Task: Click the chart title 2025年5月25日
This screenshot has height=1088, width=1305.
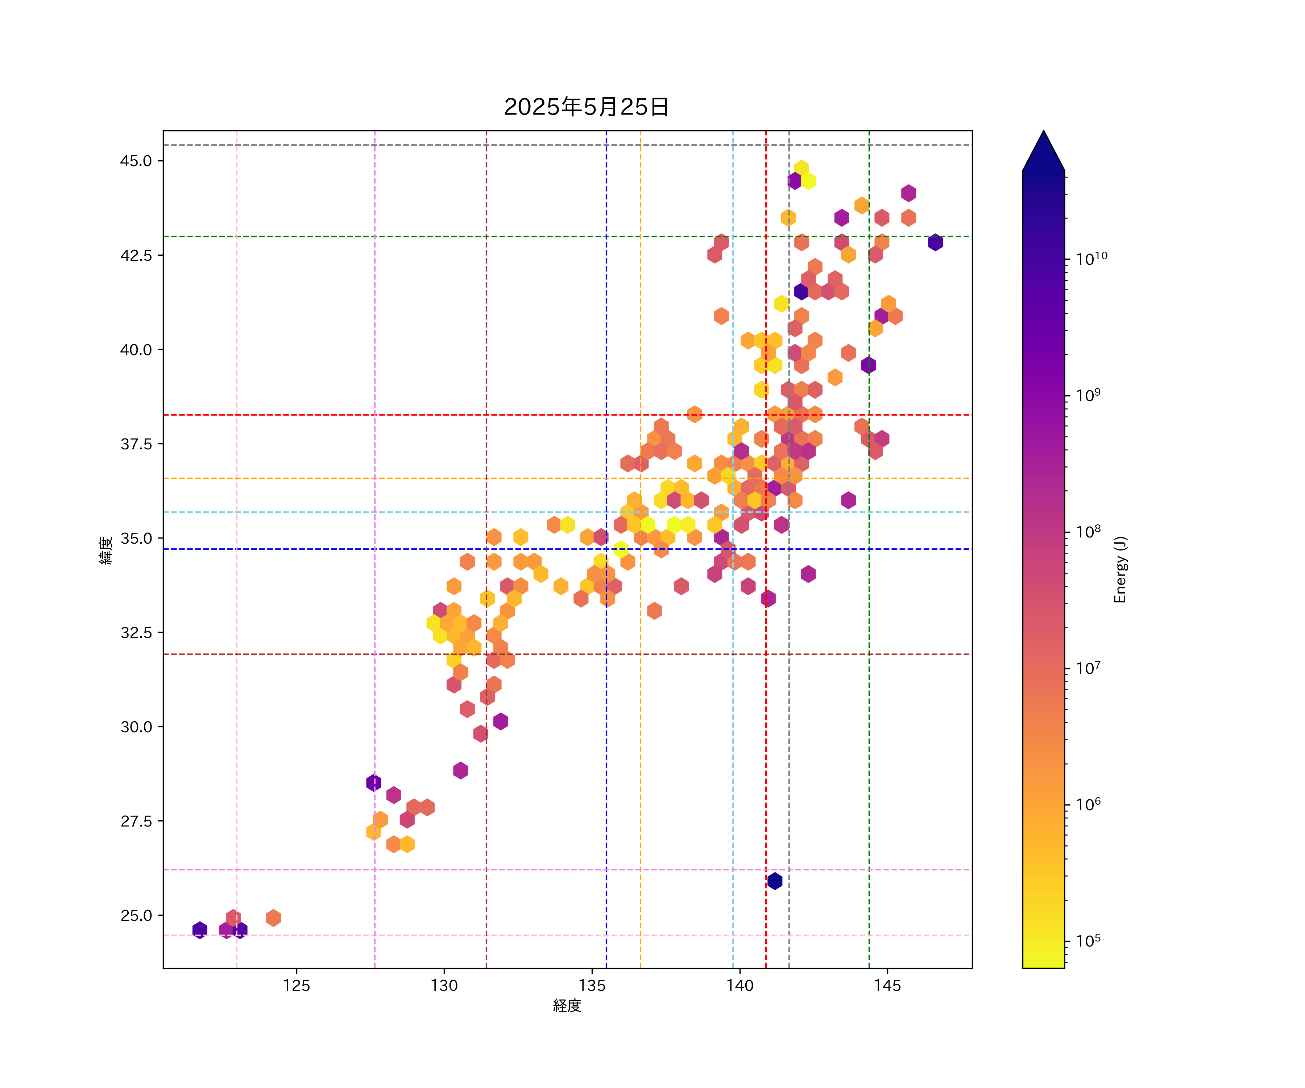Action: click(586, 107)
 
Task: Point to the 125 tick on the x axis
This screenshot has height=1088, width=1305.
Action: click(297, 985)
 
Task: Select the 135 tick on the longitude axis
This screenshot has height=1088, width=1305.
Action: click(592, 985)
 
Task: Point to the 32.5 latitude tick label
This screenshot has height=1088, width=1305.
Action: click(136, 632)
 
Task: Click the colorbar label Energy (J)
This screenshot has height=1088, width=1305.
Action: click(1120, 569)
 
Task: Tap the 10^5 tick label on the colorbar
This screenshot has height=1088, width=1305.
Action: click(1089, 940)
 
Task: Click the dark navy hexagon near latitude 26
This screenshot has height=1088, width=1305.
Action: click(774, 881)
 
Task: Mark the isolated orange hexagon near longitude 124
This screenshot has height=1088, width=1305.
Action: click(273, 918)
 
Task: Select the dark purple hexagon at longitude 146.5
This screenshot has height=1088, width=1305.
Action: click(935, 243)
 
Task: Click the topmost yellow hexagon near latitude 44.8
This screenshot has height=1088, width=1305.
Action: click(801, 168)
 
